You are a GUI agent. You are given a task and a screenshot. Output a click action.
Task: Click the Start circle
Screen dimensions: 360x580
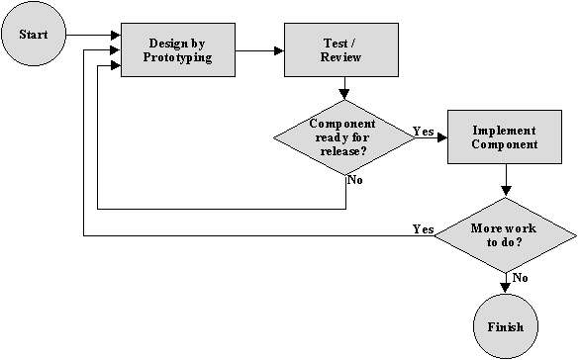click(34, 35)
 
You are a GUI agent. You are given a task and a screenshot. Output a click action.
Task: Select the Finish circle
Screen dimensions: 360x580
click(505, 325)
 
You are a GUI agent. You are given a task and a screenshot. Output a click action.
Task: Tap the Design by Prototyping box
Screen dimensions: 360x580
click(180, 50)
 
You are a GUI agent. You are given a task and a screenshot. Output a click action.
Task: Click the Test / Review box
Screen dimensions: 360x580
click(342, 50)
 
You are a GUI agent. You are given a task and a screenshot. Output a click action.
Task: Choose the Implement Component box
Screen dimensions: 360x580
click(505, 137)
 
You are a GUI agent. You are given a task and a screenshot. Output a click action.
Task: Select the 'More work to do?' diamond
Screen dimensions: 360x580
click(505, 235)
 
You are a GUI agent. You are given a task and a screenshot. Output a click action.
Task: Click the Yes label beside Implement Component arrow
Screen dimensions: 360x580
click(423, 131)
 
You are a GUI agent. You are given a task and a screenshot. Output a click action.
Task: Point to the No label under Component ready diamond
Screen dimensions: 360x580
click(354, 181)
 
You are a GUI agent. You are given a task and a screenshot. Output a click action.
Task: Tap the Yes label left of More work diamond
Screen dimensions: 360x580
click(423, 228)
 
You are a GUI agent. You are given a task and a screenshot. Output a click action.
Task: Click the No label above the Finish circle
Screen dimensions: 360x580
click(519, 278)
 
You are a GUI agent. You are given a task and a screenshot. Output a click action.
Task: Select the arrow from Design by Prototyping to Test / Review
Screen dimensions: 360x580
click(261, 49)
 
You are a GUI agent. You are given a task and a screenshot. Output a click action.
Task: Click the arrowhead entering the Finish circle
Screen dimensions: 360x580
click(506, 288)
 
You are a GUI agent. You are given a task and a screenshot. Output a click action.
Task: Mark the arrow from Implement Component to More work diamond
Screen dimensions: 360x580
click(506, 180)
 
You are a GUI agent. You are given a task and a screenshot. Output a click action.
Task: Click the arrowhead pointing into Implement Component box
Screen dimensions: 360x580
click(442, 138)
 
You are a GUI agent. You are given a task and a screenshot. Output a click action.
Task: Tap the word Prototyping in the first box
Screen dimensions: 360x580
click(180, 58)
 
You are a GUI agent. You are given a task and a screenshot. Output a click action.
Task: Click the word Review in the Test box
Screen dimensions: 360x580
click(342, 58)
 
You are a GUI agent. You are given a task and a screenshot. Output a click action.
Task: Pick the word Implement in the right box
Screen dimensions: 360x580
click(505, 131)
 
